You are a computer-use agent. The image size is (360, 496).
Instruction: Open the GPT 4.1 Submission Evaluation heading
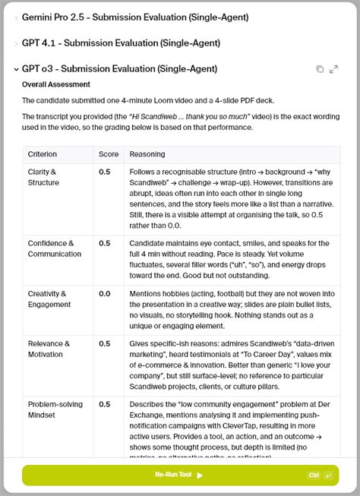(x=122, y=43)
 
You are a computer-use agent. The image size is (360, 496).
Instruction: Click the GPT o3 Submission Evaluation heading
(x=120, y=69)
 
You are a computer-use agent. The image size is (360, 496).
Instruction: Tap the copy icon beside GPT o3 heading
(x=320, y=69)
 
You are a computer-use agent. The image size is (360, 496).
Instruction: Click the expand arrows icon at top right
(x=334, y=69)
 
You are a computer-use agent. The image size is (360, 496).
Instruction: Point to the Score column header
(x=109, y=154)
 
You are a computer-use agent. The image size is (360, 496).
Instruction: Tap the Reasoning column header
(x=147, y=154)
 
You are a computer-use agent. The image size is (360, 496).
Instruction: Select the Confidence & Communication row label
(x=55, y=248)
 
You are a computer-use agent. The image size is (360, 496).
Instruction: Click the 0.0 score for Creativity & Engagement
(x=105, y=293)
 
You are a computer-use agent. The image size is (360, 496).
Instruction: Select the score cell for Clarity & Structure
(x=105, y=172)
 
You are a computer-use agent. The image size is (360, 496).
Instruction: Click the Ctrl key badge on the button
(x=314, y=475)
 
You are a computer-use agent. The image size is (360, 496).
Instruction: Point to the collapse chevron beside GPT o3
(x=16, y=69)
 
